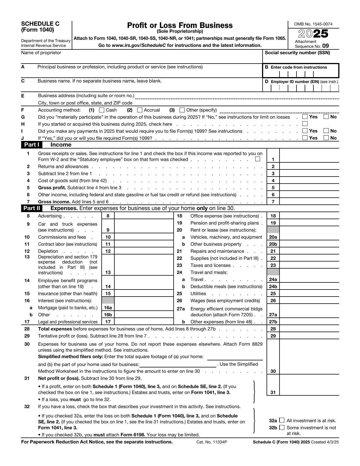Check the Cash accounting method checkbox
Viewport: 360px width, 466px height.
point(102,110)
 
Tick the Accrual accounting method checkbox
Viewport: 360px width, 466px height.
point(140,110)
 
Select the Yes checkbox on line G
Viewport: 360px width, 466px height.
point(305,117)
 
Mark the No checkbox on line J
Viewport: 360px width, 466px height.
point(326,138)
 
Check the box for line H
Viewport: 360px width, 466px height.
point(305,124)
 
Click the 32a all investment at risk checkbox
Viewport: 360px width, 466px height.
point(282,421)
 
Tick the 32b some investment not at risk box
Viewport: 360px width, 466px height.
point(282,428)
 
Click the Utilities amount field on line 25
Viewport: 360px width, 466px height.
point(309,293)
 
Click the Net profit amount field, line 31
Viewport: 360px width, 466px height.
point(309,392)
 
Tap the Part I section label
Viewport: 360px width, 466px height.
point(31,145)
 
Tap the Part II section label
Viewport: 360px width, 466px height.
point(32,208)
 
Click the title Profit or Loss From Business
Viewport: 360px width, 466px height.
point(180,25)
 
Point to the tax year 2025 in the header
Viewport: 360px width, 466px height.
point(313,34)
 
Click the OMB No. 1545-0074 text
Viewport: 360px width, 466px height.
point(313,24)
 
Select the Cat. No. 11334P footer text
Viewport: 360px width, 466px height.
point(212,442)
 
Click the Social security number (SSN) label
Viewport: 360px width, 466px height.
point(297,53)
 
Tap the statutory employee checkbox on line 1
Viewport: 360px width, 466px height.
point(258,159)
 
